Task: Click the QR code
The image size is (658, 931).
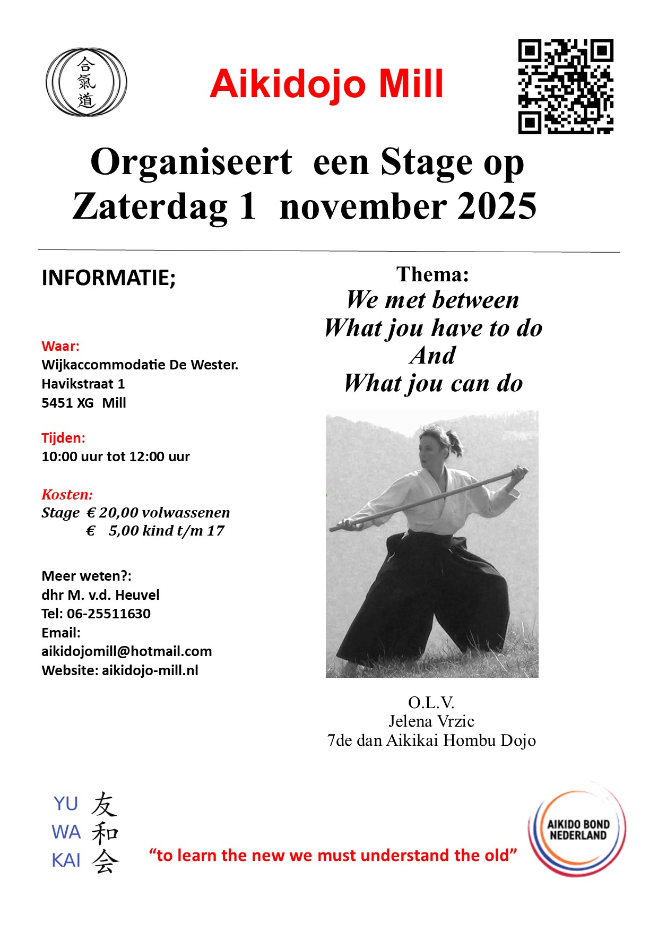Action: pyautogui.click(x=566, y=86)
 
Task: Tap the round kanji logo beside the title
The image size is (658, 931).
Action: pyautogui.click(x=86, y=82)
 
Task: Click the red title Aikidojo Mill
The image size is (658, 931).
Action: pyautogui.click(x=326, y=84)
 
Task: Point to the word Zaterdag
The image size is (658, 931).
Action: pyautogui.click(x=150, y=206)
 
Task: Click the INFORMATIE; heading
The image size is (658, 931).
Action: pyautogui.click(x=108, y=278)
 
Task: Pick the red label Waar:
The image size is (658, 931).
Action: pyautogui.click(x=60, y=346)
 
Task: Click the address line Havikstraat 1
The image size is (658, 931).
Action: pyautogui.click(x=83, y=384)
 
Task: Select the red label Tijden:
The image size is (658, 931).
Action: pyautogui.click(x=63, y=438)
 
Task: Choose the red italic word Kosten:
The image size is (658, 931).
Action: pyautogui.click(x=67, y=495)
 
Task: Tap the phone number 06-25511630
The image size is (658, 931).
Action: pyautogui.click(x=109, y=614)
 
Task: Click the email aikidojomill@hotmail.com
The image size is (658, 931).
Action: pyautogui.click(x=126, y=651)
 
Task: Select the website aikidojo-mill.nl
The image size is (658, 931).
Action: pyautogui.click(x=150, y=670)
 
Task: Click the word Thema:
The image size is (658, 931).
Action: pyautogui.click(x=432, y=274)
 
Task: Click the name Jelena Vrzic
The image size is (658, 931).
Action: pyautogui.click(x=431, y=721)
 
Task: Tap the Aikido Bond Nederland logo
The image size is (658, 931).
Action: pyautogui.click(x=577, y=830)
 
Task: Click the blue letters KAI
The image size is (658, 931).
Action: pyautogui.click(x=66, y=860)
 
